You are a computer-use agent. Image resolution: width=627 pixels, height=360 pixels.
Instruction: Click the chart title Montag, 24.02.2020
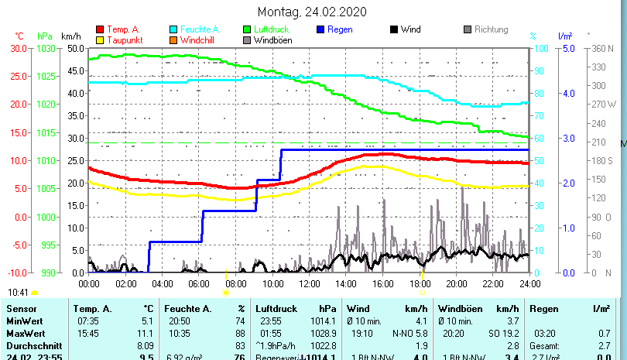(312, 12)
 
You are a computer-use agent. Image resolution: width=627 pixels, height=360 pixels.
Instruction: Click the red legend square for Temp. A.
(99, 29)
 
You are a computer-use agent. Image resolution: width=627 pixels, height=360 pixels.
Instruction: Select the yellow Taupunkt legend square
(99, 39)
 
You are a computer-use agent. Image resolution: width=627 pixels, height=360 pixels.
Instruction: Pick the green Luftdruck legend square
(247, 29)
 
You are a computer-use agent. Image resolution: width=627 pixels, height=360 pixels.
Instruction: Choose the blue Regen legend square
(320, 29)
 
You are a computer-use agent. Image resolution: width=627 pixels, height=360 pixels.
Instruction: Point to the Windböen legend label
(272, 39)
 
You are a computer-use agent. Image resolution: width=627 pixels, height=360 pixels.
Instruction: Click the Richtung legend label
(491, 29)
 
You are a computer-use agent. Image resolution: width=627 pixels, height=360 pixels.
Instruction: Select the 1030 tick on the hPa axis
(46, 48)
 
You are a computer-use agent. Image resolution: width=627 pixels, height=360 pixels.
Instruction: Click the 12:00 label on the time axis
(309, 283)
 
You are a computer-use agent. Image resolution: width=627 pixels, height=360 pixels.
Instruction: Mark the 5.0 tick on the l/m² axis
(567, 48)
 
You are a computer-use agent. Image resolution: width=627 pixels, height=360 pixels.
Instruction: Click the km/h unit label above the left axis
(70, 36)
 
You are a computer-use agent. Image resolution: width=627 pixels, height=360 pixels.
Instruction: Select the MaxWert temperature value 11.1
(146, 333)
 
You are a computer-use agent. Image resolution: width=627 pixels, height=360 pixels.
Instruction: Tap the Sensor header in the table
(21, 308)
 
